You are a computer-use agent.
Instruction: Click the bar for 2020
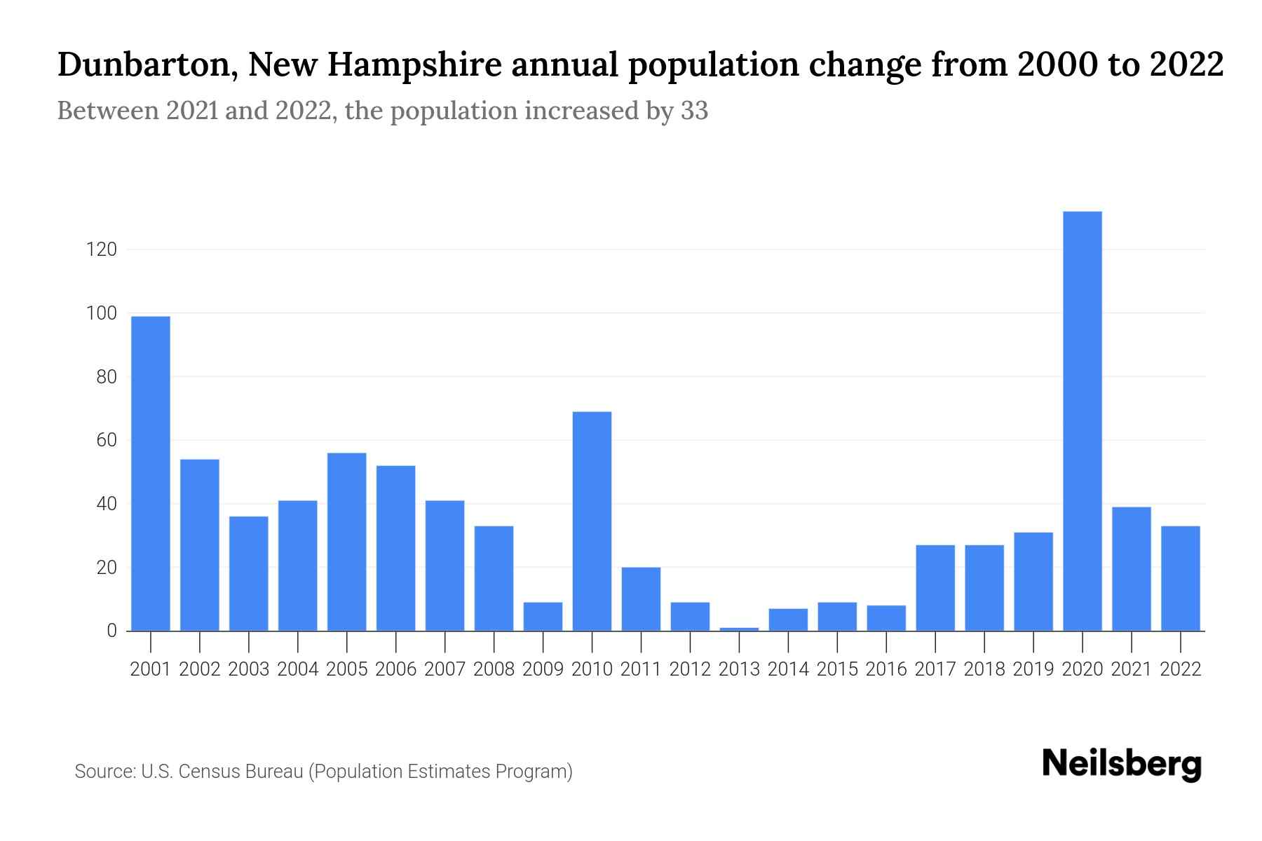1083,420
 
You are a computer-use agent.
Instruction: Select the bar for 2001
151,473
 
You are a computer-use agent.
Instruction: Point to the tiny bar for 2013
739,629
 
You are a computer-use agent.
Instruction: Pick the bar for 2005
346,542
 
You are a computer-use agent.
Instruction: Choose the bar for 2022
1181,578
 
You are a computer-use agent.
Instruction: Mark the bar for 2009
543,616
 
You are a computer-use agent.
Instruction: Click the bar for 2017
935,587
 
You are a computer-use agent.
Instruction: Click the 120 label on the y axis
101,249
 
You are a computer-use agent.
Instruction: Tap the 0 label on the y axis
111,631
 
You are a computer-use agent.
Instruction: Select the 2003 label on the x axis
249,669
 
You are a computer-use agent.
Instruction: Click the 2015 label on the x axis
837,669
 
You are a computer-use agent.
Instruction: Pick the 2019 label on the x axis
1033,669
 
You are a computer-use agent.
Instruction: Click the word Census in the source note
207,772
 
